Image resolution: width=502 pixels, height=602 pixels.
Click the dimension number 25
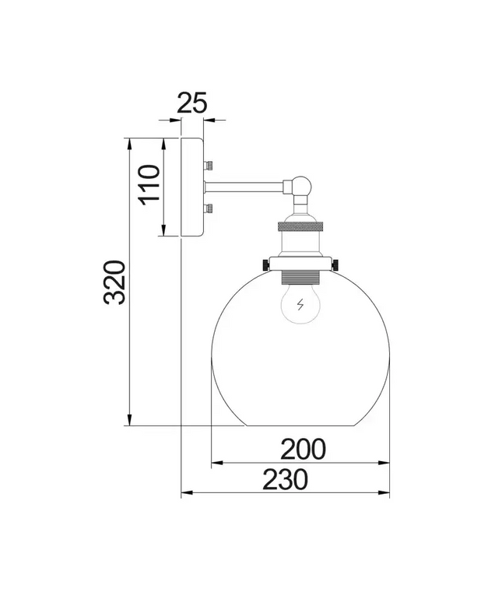point(191,103)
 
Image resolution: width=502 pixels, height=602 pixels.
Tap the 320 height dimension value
point(114,282)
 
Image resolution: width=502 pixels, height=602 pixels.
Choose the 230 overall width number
point(285,480)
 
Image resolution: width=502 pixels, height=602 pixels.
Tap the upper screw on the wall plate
point(209,165)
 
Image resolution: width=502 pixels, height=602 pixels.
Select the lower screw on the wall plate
point(209,209)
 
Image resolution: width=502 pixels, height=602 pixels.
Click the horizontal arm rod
point(247,186)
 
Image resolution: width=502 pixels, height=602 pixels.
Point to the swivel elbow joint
point(301,187)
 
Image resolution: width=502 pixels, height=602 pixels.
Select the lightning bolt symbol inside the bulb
point(300,306)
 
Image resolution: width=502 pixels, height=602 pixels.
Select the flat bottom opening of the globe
point(300,425)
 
